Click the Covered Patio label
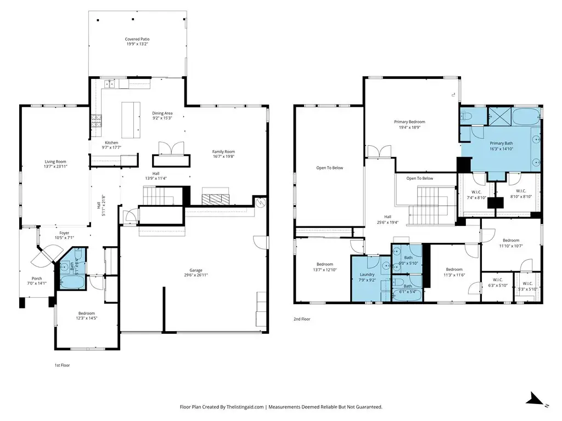(137, 39)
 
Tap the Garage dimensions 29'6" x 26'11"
(196, 275)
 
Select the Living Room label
(55, 162)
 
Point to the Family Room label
(224, 151)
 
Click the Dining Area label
(162, 113)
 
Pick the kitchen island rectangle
(131, 120)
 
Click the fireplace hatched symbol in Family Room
(215, 199)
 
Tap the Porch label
(37, 278)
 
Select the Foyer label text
(65, 232)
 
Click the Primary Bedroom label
(409, 122)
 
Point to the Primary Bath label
(502, 143)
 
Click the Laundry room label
(367, 275)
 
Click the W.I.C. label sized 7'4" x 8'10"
(476, 192)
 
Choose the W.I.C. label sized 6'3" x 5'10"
(498, 280)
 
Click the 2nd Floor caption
(302, 319)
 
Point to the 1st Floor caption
(62, 365)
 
